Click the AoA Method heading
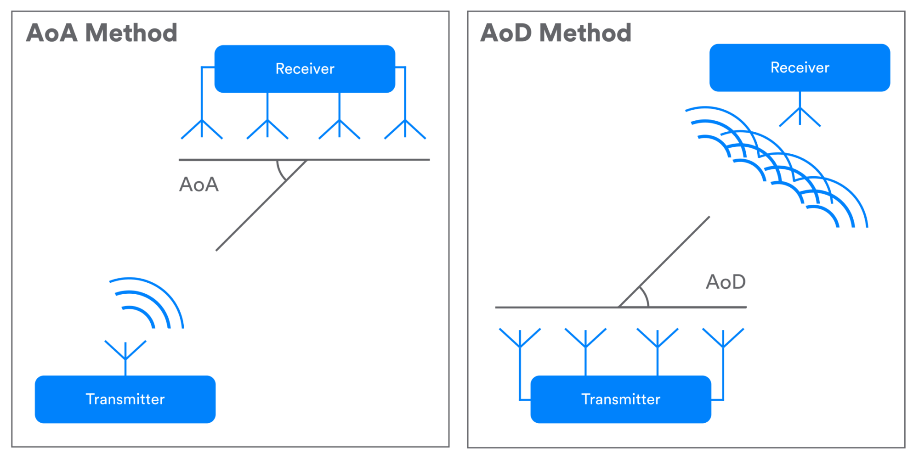pos(102,33)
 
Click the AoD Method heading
pos(556,33)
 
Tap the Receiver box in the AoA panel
pos(305,69)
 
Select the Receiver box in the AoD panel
pos(800,67)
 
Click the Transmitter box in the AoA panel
pos(125,399)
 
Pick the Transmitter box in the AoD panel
pos(621,399)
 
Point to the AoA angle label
pos(199,185)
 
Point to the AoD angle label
pos(726,282)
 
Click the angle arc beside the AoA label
pos(280,171)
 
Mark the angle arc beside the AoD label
pos(646,297)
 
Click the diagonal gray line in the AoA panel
pos(261,205)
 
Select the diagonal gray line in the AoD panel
pos(664,262)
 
